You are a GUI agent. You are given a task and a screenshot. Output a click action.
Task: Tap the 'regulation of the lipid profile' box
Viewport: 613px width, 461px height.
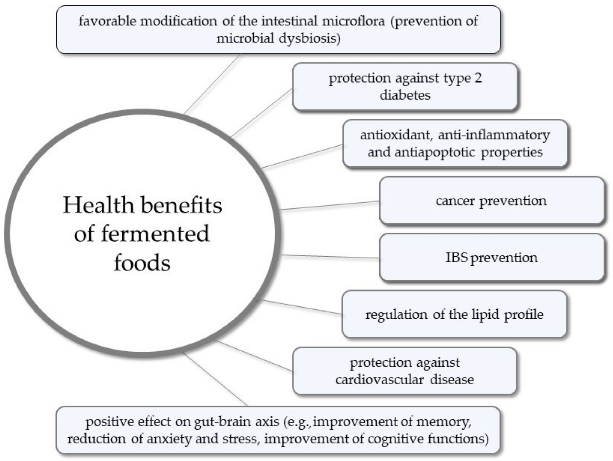[x=454, y=314]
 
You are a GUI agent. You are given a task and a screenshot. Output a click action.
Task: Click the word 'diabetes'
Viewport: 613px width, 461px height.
[x=405, y=95]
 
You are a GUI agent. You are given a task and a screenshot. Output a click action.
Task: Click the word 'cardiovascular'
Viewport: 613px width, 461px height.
[x=379, y=380]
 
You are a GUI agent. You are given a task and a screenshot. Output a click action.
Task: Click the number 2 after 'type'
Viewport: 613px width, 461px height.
[x=478, y=78]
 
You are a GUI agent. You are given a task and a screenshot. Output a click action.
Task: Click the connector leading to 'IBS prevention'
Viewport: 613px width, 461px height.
[x=330, y=257]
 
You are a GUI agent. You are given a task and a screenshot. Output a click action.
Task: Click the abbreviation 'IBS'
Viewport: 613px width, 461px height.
[x=456, y=258]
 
